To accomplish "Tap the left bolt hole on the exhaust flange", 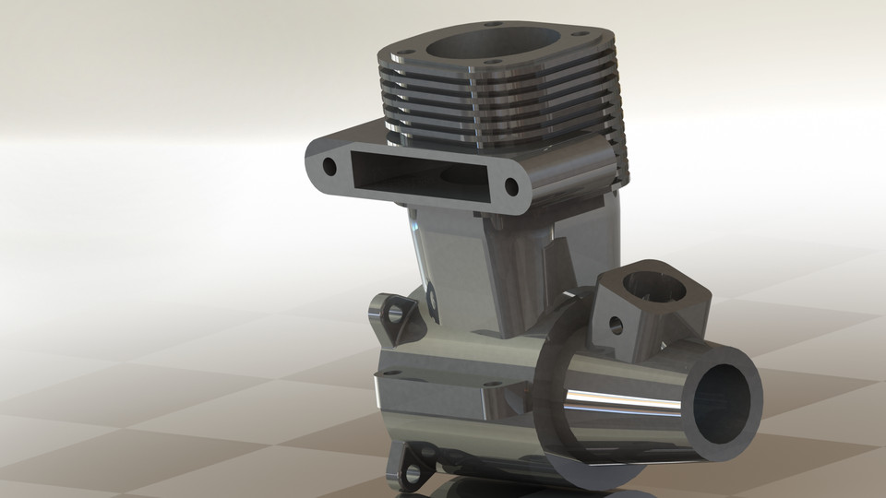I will (x=329, y=167).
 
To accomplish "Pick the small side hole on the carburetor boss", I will (x=614, y=325).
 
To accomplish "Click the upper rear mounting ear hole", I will (x=396, y=314).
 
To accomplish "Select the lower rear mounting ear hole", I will (x=412, y=475).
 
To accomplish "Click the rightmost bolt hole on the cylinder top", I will (x=599, y=41).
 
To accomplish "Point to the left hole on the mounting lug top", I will (x=391, y=373).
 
